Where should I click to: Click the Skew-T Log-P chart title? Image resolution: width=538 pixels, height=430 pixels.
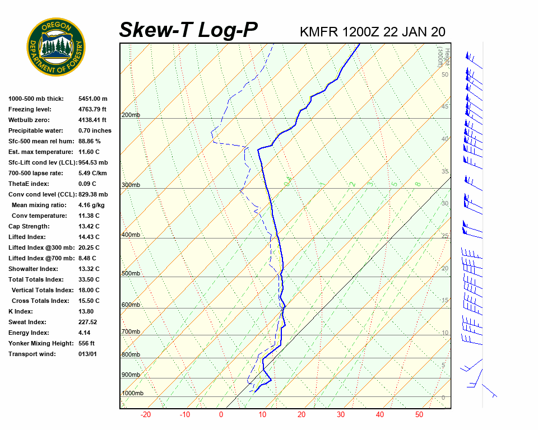188,30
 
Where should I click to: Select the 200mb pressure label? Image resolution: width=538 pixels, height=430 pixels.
131,115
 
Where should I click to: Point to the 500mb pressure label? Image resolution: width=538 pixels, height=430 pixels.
131,273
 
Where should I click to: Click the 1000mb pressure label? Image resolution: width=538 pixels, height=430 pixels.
132,394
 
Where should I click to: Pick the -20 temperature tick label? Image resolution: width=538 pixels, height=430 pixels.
146,415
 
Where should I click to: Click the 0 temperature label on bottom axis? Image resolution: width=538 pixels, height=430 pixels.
221,415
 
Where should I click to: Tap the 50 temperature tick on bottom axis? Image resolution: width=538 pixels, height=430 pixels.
419,415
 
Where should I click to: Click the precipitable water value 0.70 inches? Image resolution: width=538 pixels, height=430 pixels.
95,130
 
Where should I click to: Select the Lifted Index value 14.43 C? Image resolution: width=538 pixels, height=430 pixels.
89,237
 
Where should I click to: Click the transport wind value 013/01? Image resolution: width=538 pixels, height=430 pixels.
88,354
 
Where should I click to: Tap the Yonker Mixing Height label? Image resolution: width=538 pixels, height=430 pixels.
39,343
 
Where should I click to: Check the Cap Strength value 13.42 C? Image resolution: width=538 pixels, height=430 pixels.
89,226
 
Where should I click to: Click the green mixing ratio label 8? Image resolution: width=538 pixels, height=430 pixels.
418,184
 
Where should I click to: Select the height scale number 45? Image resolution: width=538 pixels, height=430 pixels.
445,106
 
